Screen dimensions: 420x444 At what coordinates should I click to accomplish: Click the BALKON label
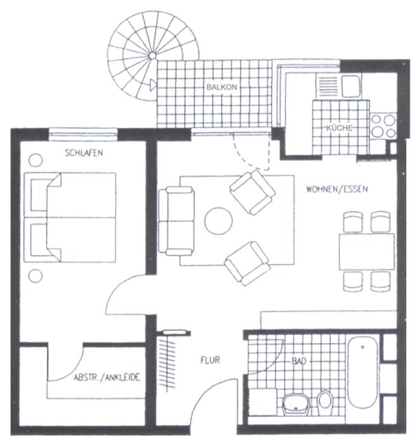(x=222, y=87)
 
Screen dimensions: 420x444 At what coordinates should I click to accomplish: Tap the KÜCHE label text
(x=339, y=128)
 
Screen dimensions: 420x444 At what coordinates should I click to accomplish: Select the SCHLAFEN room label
(x=84, y=153)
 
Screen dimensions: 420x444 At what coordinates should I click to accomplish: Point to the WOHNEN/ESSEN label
(x=337, y=189)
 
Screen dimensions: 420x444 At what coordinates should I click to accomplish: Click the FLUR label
(x=210, y=360)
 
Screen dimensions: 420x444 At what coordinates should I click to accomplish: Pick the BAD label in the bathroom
(x=299, y=362)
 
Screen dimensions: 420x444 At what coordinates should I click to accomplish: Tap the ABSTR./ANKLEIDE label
(x=107, y=377)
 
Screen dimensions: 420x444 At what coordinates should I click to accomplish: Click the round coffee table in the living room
(x=219, y=221)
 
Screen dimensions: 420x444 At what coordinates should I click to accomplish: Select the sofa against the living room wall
(x=176, y=221)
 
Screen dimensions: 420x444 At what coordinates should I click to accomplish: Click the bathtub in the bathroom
(x=363, y=372)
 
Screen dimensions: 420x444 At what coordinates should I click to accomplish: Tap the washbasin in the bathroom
(x=296, y=404)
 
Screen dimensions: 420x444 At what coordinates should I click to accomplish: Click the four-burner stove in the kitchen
(x=383, y=126)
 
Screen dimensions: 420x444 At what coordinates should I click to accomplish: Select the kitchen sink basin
(x=351, y=86)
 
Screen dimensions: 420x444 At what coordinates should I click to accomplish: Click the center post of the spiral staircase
(x=152, y=56)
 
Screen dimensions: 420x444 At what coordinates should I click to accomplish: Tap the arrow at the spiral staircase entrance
(x=153, y=85)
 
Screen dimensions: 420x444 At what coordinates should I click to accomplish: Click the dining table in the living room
(x=367, y=251)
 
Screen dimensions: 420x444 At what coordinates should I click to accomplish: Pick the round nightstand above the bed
(x=36, y=160)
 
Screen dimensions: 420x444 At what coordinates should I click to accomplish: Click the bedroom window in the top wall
(x=83, y=134)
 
